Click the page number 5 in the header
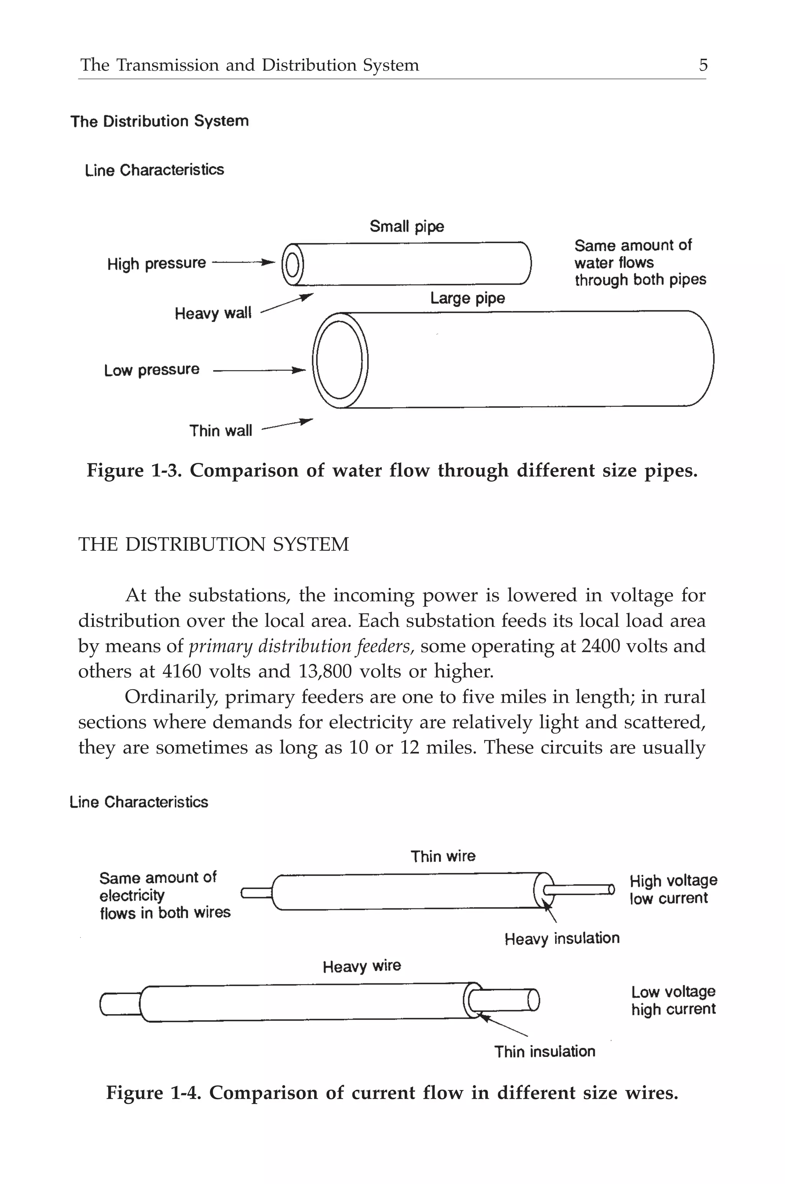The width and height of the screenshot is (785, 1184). pyautogui.click(x=703, y=65)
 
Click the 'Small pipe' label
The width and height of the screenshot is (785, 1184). pyautogui.click(x=407, y=226)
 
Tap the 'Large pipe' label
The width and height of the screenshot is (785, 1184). pyautogui.click(x=467, y=298)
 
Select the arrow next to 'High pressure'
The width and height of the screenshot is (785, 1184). pyautogui.click(x=244, y=262)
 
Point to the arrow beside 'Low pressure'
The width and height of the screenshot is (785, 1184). pyautogui.click(x=259, y=371)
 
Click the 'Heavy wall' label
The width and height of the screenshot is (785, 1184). pyautogui.click(x=213, y=313)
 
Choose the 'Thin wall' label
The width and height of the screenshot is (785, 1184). pyautogui.click(x=220, y=431)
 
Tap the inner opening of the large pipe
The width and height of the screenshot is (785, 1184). pyautogui.click(x=340, y=359)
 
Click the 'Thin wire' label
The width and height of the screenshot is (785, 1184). pyautogui.click(x=443, y=856)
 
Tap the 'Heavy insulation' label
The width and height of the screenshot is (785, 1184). pyautogui.click(x=562, y=938)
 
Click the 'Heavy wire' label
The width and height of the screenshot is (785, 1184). pyautogui.click(x=361, y=966)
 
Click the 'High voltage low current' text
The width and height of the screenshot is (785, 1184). pyautogui.click(x=673, y=889)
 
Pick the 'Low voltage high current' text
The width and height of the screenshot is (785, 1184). pyautogui.click(x=673, y=1000)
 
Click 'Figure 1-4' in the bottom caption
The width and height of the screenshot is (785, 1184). pyautogui.click(x=154, y=1093)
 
